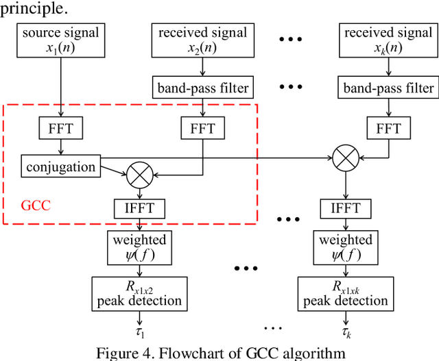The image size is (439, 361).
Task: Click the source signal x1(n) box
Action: [x=60, y=40]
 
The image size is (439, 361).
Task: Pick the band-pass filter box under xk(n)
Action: [x=388, y=88]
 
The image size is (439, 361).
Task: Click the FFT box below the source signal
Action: [x=61, y=128]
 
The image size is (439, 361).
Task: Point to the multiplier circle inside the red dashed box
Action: [x=141, y=176]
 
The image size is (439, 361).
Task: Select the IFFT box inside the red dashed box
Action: [x=141, y=208]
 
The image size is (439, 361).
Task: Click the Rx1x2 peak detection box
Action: [x=140, y=293]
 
